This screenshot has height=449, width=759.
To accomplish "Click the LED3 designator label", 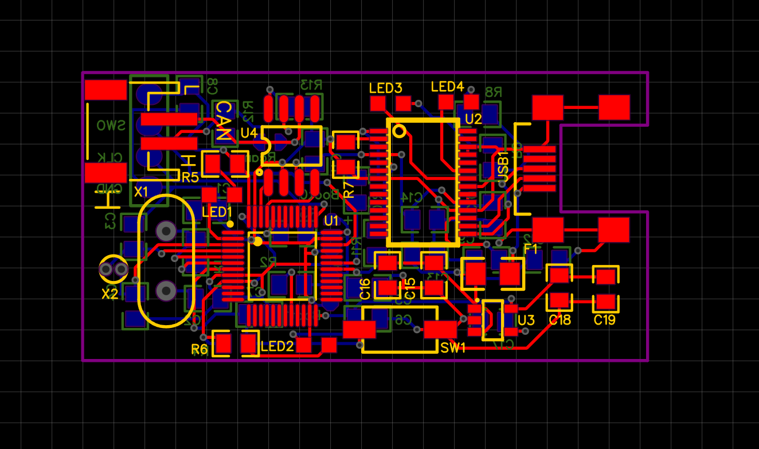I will (x=385, y=88).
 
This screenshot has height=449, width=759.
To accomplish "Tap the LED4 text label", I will (x=447, y=87).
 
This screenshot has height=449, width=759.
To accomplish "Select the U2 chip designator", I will (x=474, y=119).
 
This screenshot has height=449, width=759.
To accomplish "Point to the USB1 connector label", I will (x=502, y=167).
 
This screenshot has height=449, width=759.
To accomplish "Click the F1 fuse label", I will (x=531, y=249).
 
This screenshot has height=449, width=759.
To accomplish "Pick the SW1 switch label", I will (x=453, y=348).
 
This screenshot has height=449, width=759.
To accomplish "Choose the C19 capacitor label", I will (x=605, y=320).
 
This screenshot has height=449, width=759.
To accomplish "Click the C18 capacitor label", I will (x=560, y=320).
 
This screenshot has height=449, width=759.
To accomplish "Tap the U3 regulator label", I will (x=526, y=320).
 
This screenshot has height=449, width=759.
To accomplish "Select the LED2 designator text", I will (x=277, y=346).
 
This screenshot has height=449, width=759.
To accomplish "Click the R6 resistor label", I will (x=199, y=349).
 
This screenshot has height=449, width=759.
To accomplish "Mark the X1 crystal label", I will (x=141, y=192).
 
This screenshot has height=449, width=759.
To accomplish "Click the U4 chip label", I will (x=249, y=133).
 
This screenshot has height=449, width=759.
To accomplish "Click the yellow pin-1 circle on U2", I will (x=400, y=131).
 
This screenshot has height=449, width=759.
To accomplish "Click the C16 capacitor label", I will (x=365, y=290).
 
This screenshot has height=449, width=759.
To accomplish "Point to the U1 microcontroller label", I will (x=331, y=221).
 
